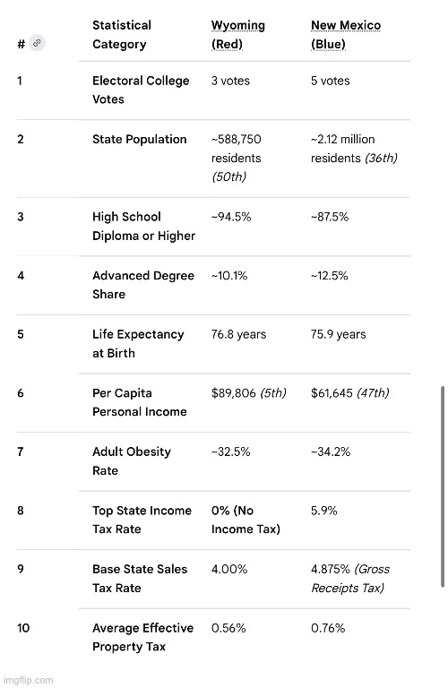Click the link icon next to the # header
(37, 43)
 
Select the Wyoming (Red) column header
(237, 35)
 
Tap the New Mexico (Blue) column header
(346, 35)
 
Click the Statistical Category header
(122, 35)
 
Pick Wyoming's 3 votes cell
(230, 81)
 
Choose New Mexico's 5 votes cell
(330, 81)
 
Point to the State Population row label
(139, 139)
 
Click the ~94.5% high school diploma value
(231, 217)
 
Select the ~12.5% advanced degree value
(329, 276)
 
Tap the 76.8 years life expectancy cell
(238, 334)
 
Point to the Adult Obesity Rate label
(131, 460)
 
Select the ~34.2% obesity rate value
(331, 451)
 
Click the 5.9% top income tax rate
(323, 511)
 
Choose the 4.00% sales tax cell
(229, 569)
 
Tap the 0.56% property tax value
(228, 628)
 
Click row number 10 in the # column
(23, 628)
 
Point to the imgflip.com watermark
(27, 680)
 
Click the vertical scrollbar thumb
(443, 486)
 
